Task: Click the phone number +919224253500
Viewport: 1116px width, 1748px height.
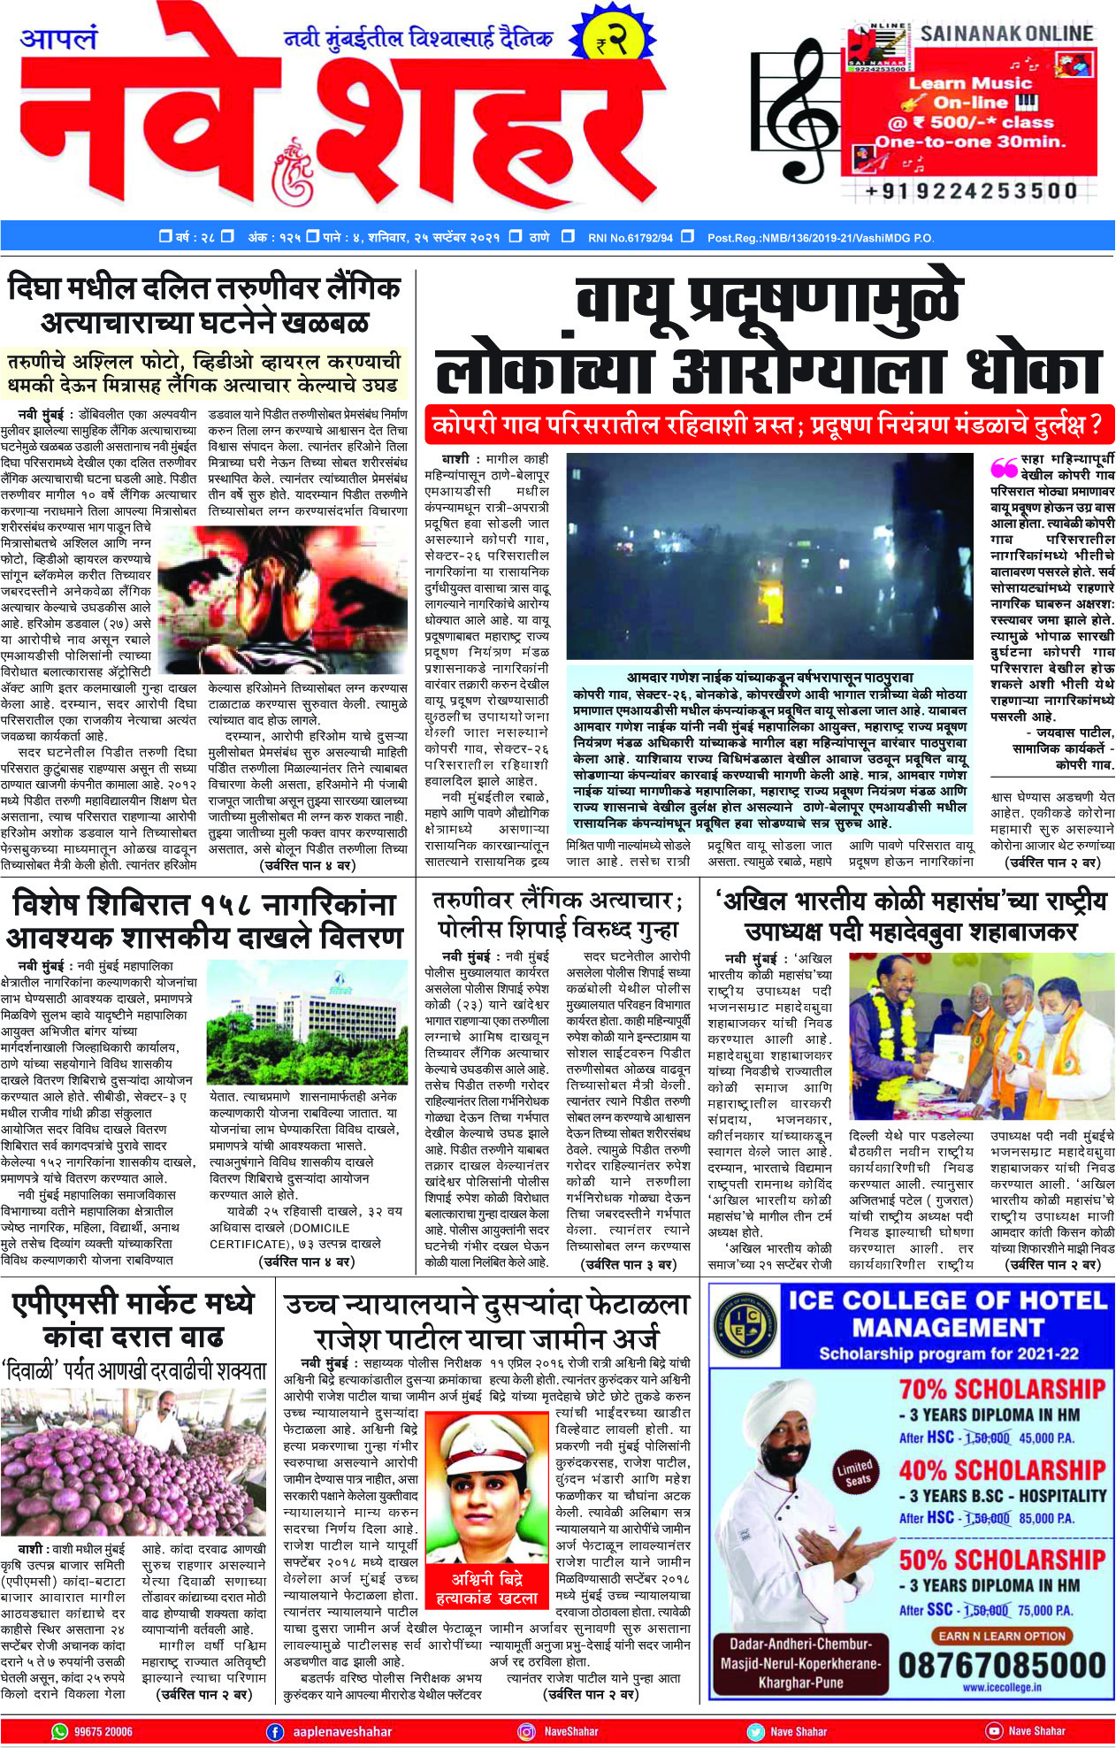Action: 971,191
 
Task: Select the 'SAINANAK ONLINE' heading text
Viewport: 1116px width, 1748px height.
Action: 1006,34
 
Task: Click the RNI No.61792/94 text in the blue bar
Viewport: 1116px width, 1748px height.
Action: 630,238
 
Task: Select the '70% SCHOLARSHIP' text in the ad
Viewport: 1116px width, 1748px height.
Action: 1002,1389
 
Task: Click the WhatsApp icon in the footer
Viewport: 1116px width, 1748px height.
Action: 59,1731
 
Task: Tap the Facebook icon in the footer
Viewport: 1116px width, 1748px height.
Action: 275,1731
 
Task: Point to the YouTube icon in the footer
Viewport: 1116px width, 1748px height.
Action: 994,1731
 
